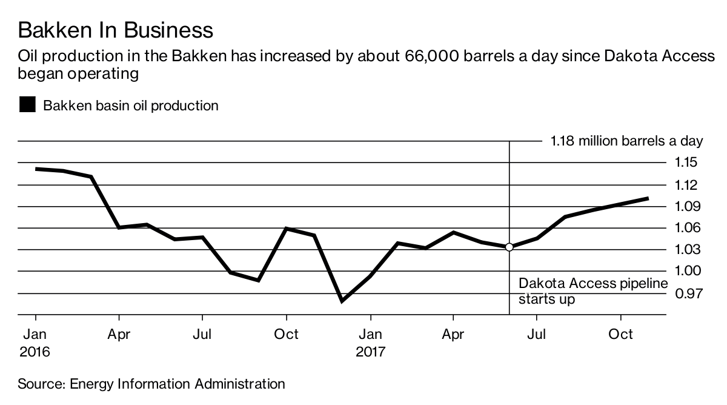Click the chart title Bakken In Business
116,30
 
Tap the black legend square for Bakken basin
27,105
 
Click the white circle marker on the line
509,247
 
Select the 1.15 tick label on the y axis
683,162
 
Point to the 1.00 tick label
683,271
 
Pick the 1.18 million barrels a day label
626,141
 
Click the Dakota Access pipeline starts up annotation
593,291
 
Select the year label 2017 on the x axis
370,352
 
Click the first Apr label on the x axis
119,334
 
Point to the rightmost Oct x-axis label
620,334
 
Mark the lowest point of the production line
342,301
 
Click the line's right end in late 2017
648,198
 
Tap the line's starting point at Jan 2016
36,169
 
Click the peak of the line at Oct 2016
287,229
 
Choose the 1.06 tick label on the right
683,228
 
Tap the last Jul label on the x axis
536,334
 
